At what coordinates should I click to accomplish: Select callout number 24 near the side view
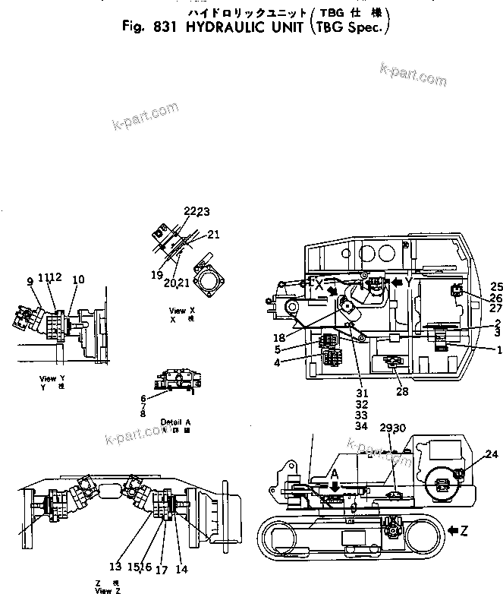492,454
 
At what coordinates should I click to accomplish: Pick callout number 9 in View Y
30,281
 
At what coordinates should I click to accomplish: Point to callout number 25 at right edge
497,286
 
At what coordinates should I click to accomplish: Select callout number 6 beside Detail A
143,398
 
